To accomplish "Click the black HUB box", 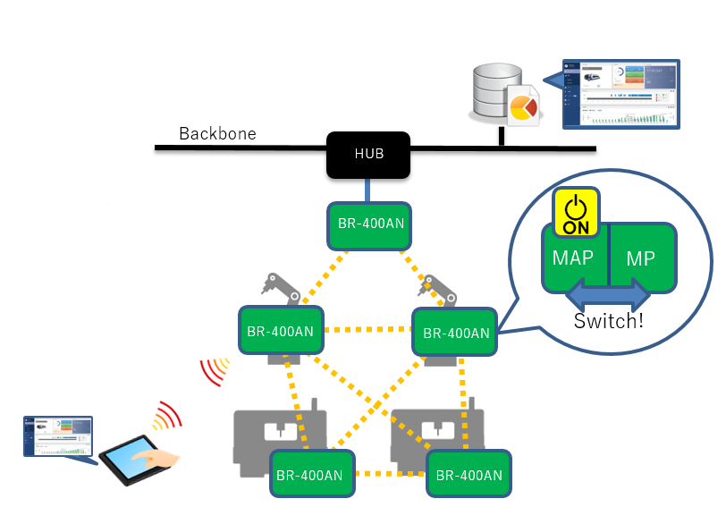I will (368, 154).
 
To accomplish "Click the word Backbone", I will (217, 134).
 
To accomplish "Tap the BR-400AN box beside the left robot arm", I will (280, 331).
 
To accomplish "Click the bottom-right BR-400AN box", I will (469, 474).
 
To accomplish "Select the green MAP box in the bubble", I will (574, 259).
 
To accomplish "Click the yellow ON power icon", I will (577, 213).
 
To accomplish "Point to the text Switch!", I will (609, 320).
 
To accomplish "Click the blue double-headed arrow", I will (608, 294).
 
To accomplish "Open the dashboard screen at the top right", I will (620, 94).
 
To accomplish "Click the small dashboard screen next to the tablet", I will (58, 436).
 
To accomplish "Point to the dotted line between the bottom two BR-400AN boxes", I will (391, 474).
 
